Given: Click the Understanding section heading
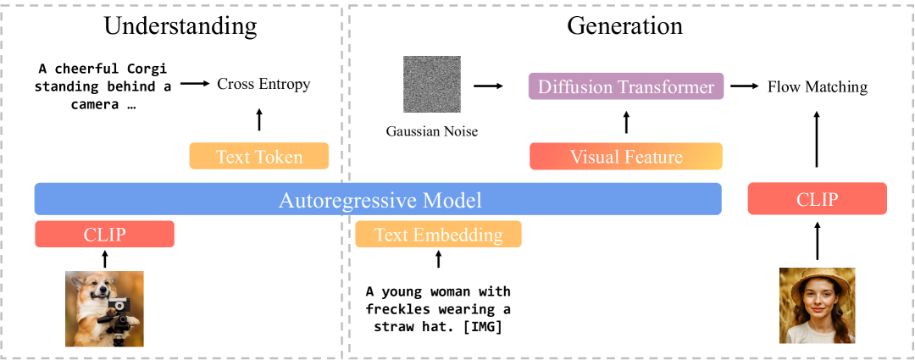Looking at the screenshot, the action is pyautogui.click(x=180, y=27).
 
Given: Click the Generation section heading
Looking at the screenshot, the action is pyautogui.click(x=625, y=25).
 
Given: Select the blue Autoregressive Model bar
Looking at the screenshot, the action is pyautogui.click(x=378, y=199).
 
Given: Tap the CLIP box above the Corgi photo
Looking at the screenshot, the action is pyautogui.click(x=104, y=234).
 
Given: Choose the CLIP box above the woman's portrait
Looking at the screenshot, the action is pyautogui.click(x=817, y=199).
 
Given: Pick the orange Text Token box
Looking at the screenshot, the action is pyautogui.click(x=259, y=157).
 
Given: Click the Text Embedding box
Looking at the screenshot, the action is pyautogui.click(x=438, y=234).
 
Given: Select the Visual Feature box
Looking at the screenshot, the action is pyautogui.click(x=626, y=157).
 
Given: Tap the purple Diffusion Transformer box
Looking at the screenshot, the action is pyautogui.click(x=626, y=86).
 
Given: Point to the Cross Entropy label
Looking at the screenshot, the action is pyautogui.click(x=263, y=85).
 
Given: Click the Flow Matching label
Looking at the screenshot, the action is pyautogui.click(x=818, y=87).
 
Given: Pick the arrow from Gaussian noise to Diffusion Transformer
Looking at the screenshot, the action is pyautogui.click(x=489, y=86).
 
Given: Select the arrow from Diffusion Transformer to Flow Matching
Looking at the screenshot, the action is pyautogui.click(x=745, y=86).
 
